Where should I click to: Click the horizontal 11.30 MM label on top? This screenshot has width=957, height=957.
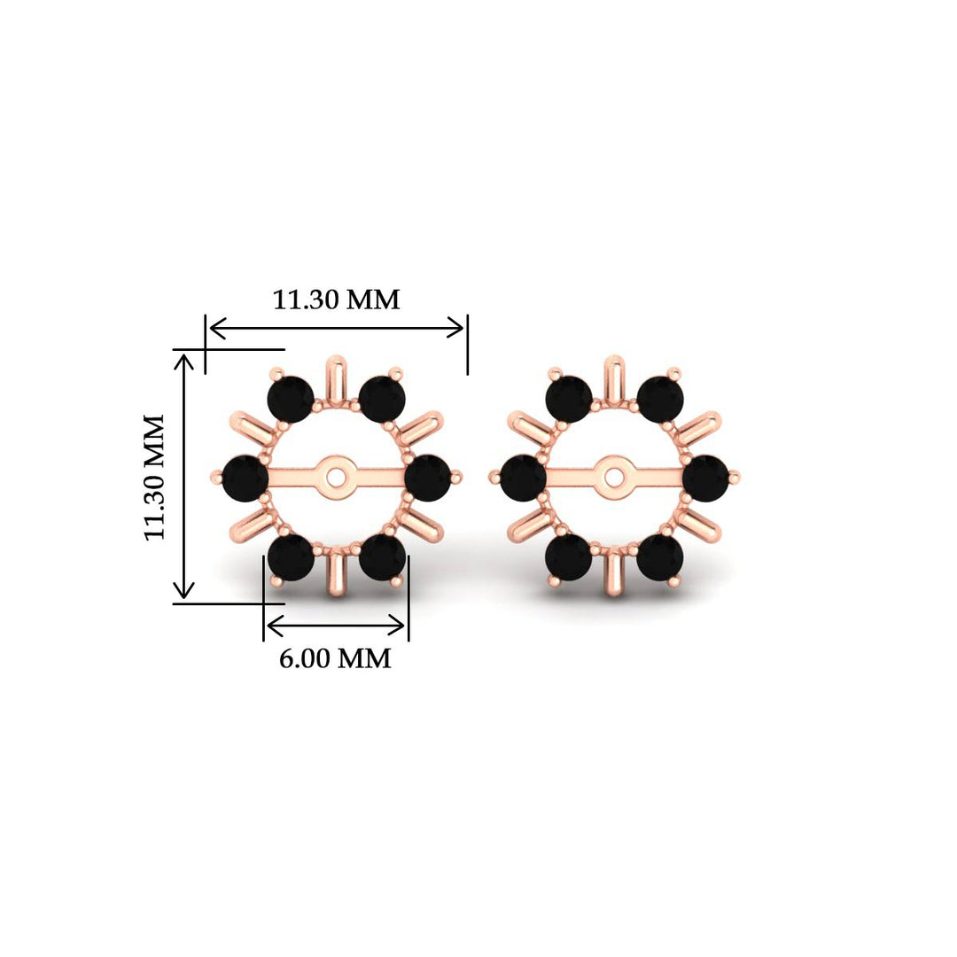[x=336, y=300]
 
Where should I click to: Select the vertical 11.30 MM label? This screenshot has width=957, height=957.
[x=156, y=476]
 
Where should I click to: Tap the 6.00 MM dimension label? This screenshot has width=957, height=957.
[x=335, y=658]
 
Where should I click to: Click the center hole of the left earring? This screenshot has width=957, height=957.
[x=336, y=476]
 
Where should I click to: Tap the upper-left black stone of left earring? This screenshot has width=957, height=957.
[x=291, y=398]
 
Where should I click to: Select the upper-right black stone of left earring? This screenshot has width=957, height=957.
[x=382, y=398]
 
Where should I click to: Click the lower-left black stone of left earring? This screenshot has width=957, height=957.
[x=291, y=556]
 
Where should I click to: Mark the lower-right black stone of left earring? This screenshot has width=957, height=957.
[x=383, y=556]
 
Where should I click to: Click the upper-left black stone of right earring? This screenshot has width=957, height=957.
[x=569, y=398]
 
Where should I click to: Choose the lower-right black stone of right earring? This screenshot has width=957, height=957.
[x=660, y=556]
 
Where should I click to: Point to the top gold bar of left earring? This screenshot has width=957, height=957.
[x=336, y=377]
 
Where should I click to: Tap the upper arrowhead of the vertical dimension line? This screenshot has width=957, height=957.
[x=184, y=360]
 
